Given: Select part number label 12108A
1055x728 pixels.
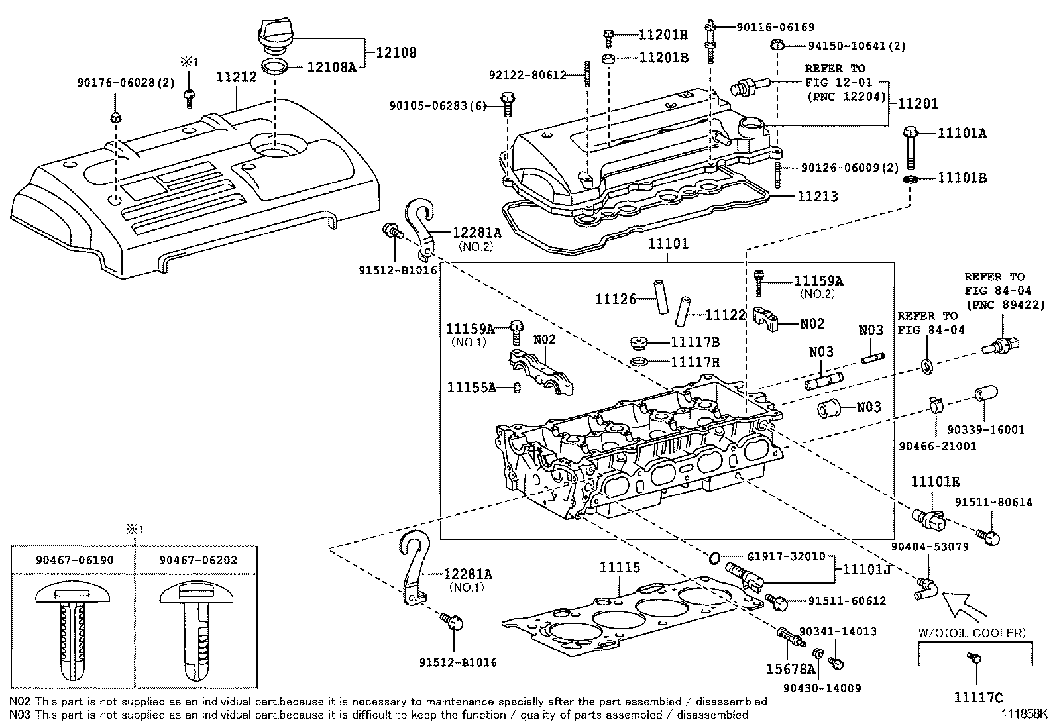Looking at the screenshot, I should [x=331, y=66].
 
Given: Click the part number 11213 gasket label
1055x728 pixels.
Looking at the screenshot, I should [x=816, y=197].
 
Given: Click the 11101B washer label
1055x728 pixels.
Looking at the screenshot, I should [x=962, y=178].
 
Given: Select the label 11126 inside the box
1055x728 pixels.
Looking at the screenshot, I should [x=614, y=299].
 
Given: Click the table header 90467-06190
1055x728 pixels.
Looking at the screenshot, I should [x=74, y=560].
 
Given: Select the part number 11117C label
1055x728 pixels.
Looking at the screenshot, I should [x=978, y=697].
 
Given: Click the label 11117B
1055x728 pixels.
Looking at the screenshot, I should [x=694, y=342].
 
